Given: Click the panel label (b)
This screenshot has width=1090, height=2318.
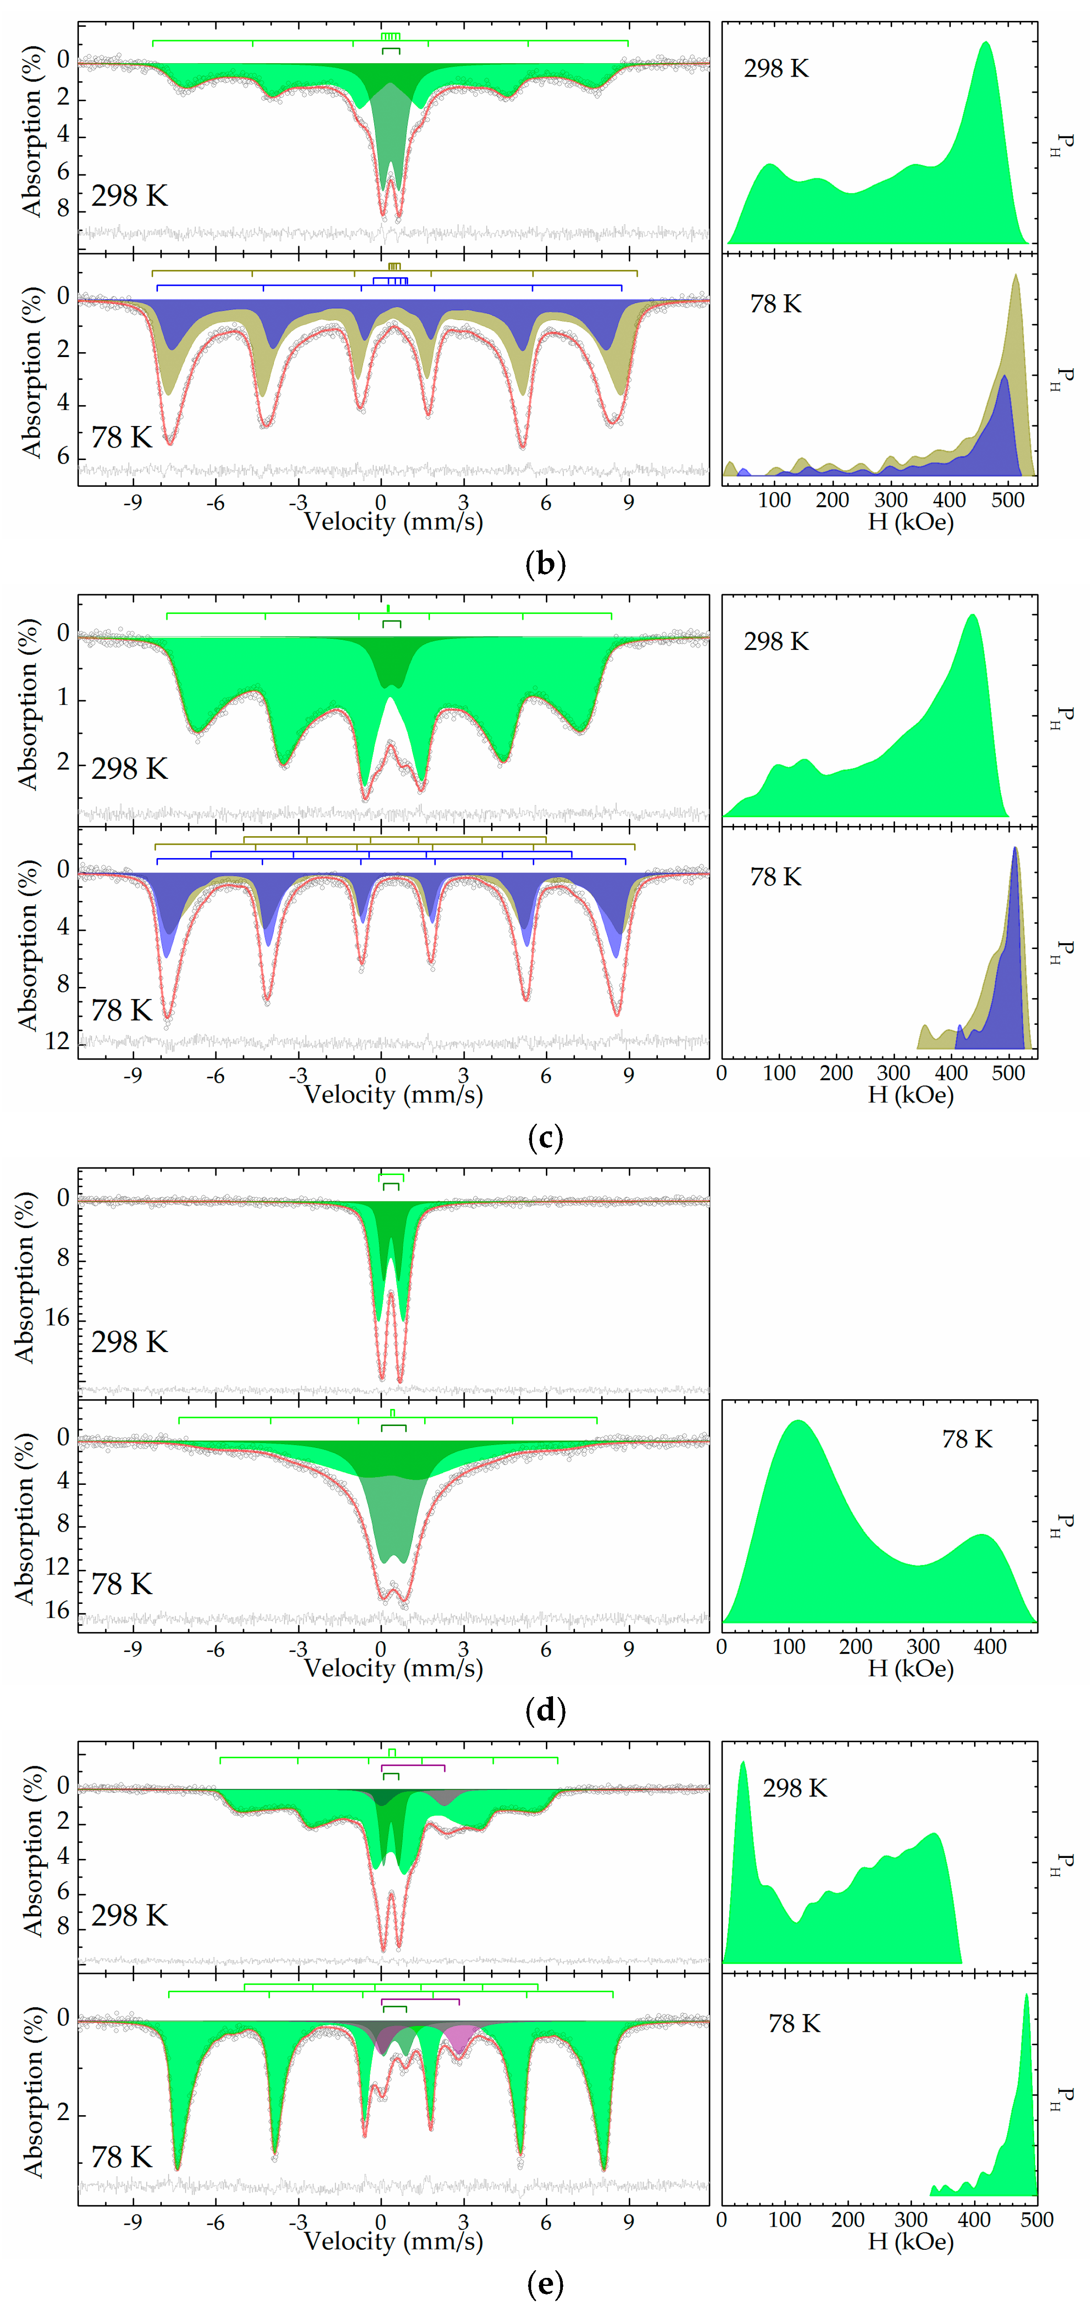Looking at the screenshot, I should point(545,564).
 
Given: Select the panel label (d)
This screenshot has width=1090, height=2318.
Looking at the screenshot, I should point(545,1710).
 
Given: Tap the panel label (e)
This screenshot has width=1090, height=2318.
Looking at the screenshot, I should point(545,2283).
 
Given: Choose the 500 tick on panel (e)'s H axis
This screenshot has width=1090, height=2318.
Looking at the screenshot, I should point(1036,2220).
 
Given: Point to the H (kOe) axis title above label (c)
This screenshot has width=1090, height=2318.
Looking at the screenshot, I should point(910,1095).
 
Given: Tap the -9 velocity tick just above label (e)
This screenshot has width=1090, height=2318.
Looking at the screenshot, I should point(132,2222).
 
